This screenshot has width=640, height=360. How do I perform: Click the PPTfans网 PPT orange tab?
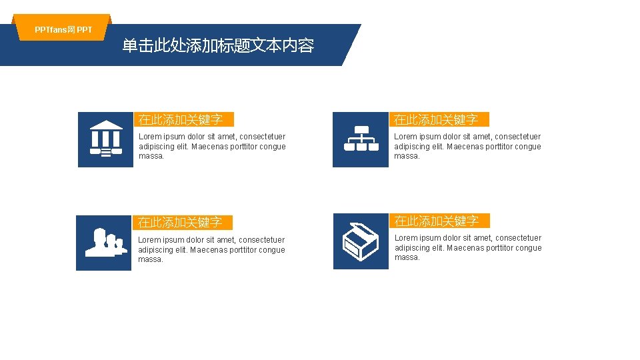(63, 29)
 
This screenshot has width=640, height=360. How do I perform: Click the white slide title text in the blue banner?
(218, 45)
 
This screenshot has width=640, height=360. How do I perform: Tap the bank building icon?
(105, 139)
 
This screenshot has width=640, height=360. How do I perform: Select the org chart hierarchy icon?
(361, 139)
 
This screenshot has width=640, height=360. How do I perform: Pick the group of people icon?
(104, 243)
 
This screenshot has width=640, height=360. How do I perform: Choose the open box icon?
(361, 241)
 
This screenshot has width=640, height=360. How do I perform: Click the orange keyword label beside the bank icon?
(183, 119)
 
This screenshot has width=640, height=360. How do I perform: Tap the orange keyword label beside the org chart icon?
(439, 119)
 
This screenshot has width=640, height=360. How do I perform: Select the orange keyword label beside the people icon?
(183, 222)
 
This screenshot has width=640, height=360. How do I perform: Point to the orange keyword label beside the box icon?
(439, 220)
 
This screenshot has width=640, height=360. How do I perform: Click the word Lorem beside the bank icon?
(149, 137)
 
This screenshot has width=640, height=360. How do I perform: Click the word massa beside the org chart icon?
(406, 156)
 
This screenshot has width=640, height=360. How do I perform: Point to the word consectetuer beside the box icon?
(519, 238)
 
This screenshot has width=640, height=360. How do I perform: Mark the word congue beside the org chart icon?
(527, 147)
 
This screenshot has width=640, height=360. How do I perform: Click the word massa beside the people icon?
(150, 259)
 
